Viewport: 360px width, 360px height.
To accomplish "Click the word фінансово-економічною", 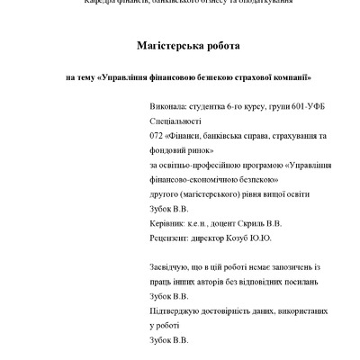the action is pyautogui.click(x=190, y=180).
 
